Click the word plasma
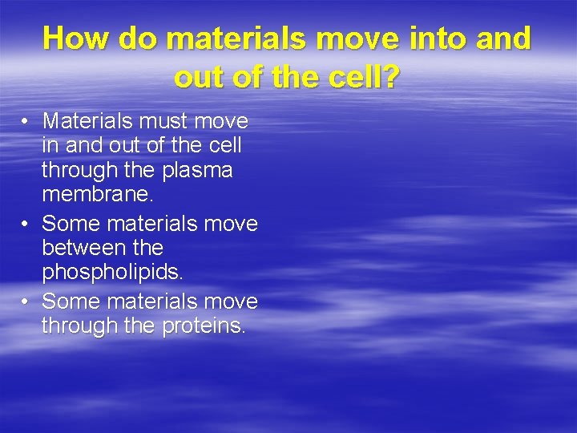tap(198, 172)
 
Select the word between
tap(80, 248)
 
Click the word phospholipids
tap(112, 273)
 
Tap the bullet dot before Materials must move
tap(26, 122)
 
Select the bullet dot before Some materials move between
tap(26, 223)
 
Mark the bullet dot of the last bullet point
tap(26, 301)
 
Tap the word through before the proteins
tap(80, 326)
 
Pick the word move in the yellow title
tap(357, 38)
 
